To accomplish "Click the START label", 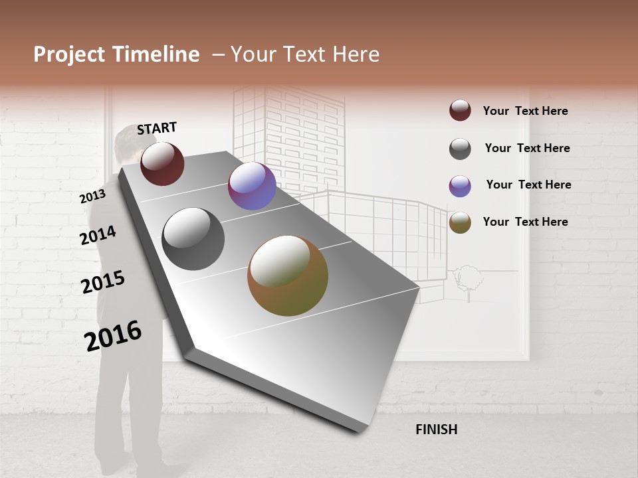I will [x=157, y=128].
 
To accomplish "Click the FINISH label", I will [x=436, y=430].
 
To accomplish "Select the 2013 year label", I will [x=92, y=197].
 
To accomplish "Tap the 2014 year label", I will [x=98, y=236].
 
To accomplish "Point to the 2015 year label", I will [x=102, y=281].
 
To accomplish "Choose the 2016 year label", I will [x=113, y=336].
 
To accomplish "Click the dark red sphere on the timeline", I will [x=162, y=163].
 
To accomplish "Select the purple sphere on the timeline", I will [x=252, y=186].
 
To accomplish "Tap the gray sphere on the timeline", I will [x=193, y=239].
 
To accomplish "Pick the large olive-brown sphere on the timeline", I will [x=288, y=276].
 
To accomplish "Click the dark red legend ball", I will [x=460, y=110].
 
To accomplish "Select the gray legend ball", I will [x=460, y=149].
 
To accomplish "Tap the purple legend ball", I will [x=460, y=186].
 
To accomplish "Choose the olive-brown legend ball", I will [x=460, y=222].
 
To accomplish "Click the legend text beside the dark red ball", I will [x=525, y=111].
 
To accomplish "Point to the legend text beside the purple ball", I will [x=528, y=185].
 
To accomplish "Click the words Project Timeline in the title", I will [x=116, y=54].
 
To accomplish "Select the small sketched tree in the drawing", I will [x=467, y=279].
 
